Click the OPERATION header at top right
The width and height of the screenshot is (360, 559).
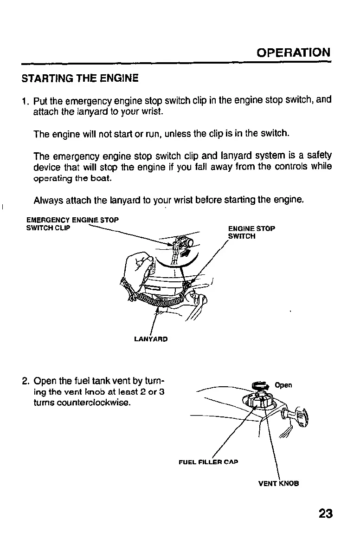pyautogui.click(x=293, y=52)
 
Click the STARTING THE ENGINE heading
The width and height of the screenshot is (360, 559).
pyautogui.click(x=80, y=78)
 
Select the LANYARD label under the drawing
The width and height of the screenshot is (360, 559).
pyautogui.click(x=150, y=339)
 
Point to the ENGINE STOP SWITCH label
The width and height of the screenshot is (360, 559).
pyautogui.click(x=252, y=232)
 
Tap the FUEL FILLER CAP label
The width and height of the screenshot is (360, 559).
pyautogui.click(x=208, y=462)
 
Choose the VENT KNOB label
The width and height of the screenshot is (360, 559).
pyautogui.click(x=278, y=483)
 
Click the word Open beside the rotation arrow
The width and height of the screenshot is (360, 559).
pyautogui.click(x=283, y=385)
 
